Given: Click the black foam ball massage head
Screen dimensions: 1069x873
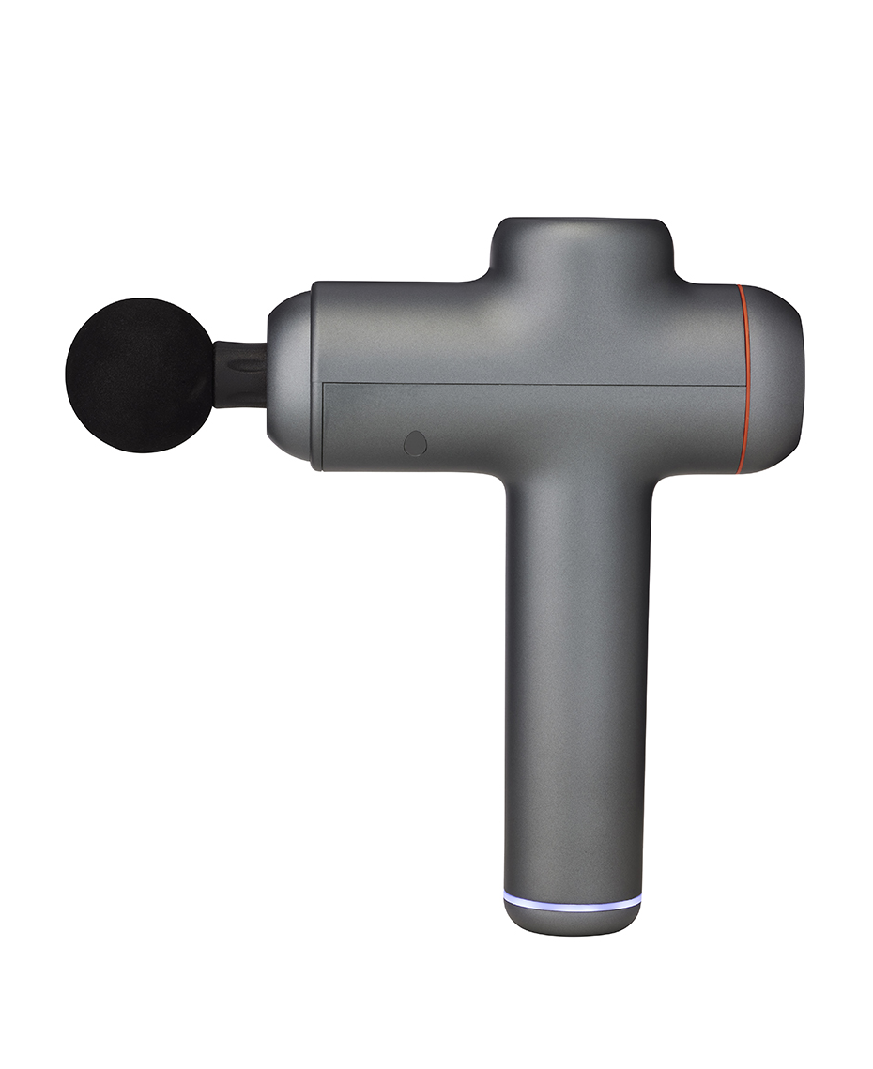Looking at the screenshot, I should click(139, 375).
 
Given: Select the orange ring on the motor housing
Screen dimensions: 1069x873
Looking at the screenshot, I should click(747, 375).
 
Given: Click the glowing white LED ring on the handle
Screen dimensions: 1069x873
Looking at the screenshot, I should click(573, 902).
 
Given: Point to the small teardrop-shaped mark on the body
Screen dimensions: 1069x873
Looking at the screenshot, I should click(414, 443).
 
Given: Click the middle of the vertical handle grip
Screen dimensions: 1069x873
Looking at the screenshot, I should click(575, 676).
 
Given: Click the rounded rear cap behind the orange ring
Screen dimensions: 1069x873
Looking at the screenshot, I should click(777, 375).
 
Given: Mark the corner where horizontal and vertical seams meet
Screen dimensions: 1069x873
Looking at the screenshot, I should click(323, 382).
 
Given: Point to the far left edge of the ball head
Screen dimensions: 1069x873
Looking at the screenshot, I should click(67, 375).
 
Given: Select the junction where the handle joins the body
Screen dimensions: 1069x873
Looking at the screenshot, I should click(575, 479).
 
